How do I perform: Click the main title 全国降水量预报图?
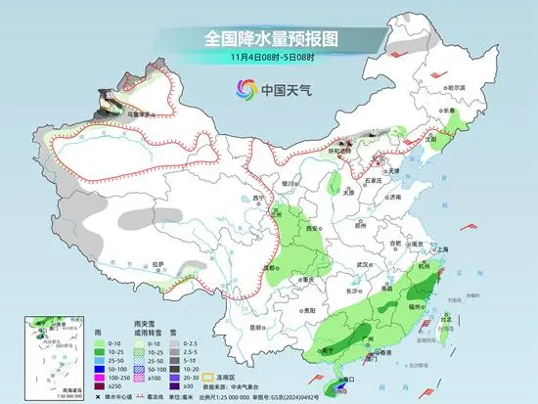pos(269,39)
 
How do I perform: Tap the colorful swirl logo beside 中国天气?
pos(241,89)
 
